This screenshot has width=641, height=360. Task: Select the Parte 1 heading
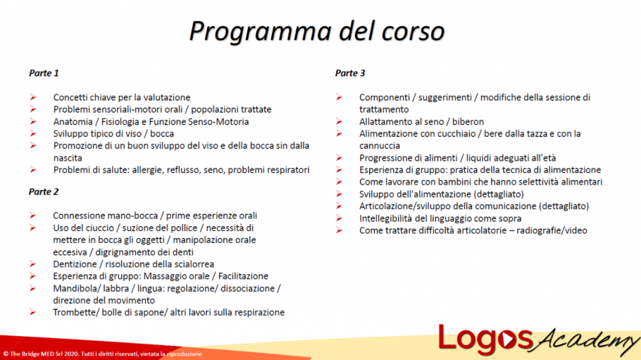(x=44, y=73)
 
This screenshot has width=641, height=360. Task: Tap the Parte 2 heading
(x=44, y=192)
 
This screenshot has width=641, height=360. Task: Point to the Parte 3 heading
(x=350, y=73)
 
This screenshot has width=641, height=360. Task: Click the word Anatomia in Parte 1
(x=73, y=121)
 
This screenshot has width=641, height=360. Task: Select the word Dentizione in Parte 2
(x=74, y=264)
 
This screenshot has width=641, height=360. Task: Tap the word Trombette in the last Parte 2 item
(x=74, y=312)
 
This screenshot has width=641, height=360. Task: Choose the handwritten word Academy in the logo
(x=585, y=342)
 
